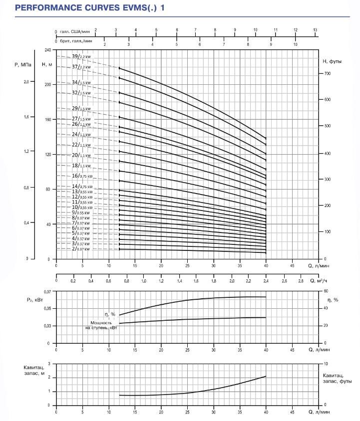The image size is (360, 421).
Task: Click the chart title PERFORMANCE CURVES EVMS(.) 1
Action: (x=90, y=7)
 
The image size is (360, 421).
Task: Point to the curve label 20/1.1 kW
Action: (x=81, y=155)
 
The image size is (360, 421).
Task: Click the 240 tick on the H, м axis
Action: (x=47, y=50)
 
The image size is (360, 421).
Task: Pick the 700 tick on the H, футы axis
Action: (x=328, y=73)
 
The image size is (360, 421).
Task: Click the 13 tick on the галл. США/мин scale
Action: (x=315, y=30)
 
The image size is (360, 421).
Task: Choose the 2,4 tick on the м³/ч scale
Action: (x=266, y=281)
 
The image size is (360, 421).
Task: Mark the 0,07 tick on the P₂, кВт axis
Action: (x=47, y=291)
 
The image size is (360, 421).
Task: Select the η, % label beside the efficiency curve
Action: (x=110, y=314)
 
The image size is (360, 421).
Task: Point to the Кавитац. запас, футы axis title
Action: (x=337, y=378)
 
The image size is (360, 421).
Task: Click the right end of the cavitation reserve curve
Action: (x=266, y=376)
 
